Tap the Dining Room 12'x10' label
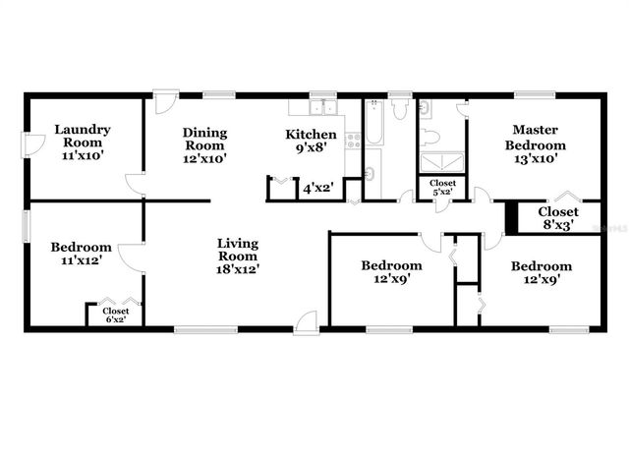205,145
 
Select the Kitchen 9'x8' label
312,142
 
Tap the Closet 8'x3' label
557,217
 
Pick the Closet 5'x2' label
442,187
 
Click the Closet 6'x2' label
115,314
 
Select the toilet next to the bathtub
400,110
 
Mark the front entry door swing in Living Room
307,319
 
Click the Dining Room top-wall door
164,100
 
